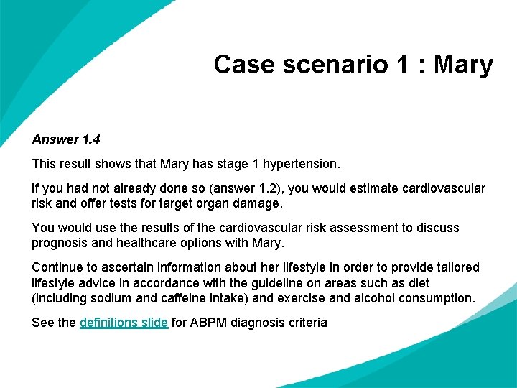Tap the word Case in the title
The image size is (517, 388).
(243, 65)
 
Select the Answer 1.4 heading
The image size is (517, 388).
(66, 138)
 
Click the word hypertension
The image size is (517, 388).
(299, 164)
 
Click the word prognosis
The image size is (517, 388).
(61, 243)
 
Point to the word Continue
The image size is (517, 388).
(58, 267)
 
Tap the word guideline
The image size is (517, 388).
(275, 282)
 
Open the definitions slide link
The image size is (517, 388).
(124, 323)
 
